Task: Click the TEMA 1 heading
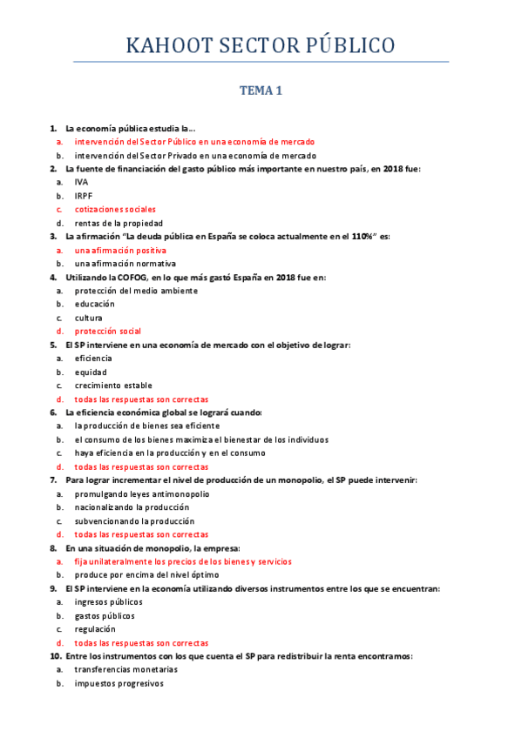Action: (x=261, y=90)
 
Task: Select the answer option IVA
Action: (x=81, y=182)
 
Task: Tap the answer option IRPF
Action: (x=84, y=196)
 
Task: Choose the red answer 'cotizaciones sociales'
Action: (x=115, y=209)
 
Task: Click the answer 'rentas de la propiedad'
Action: (x=119, y=223)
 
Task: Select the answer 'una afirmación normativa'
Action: (x=125, y=263)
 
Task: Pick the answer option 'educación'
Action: (x=95, y=304)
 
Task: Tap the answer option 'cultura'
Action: (x=89, y=318)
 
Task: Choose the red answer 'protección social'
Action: (x=108, y=331)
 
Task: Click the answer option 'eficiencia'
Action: (x=93, y=358)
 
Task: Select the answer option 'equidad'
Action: (x=90, y=372)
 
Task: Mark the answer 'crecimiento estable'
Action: (x=113, y=385)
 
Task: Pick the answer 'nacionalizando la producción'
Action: (x=132, y=507)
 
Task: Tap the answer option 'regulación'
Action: (x=94, y=628)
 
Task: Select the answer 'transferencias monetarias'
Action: (x=126, y=669)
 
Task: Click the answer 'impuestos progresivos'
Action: (x=119, y=683)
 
